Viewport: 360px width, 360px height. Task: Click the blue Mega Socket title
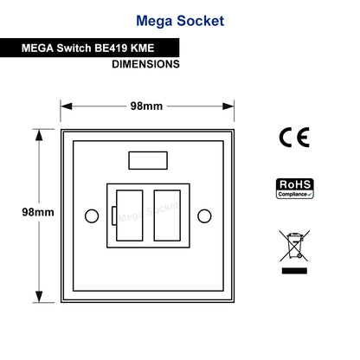[x=180, y=21]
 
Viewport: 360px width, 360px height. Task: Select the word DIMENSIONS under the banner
[x=145, y=64]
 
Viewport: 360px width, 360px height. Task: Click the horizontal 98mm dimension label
[x=146, y=106]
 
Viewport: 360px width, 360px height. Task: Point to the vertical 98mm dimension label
[x=38, y=212]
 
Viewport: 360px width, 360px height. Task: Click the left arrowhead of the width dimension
[x=67, y=106]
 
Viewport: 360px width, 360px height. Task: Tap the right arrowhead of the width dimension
[x=228, y=106]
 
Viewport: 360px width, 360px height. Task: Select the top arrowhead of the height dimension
[x=39, y=135]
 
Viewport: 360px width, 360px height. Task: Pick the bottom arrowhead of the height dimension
[x=39, y=297]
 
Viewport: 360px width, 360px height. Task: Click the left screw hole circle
[x=92, y=209]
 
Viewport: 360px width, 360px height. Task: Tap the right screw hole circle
[x=204, y=209]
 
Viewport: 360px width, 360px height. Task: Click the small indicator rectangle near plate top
[x=148, y=160]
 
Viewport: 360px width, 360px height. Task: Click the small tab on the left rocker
[x=114, y=215]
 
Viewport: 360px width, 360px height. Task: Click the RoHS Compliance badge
[x=295, y=189]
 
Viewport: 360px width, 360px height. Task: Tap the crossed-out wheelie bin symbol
[x=294, y=246]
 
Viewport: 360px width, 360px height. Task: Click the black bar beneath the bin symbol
[x=294, y=271]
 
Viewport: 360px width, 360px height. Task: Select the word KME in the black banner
[x=142, y=48]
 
